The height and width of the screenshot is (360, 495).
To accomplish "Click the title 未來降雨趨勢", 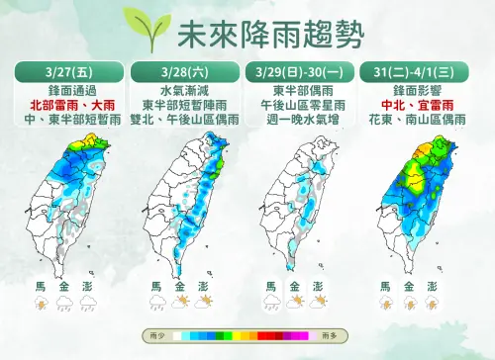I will [x=265, y=36].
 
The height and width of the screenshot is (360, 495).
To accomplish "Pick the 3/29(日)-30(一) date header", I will [x=296, y=72].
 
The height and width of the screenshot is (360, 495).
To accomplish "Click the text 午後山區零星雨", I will [x=296, y=102].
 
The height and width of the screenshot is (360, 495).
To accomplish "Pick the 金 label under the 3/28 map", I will [x=180, y=287].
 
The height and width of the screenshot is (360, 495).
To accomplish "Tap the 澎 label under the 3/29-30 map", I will [x=319, y=287].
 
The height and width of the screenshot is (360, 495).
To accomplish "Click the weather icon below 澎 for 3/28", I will [x=204, y=301].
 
